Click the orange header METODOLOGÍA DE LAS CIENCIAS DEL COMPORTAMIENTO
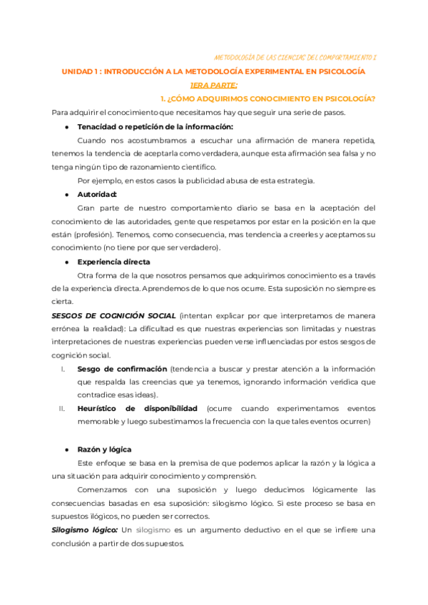(311, 56)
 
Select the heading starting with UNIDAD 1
(213, 72)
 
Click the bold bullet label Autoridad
(97, 194)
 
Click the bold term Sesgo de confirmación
(121, 369)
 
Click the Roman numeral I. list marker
(63, 369)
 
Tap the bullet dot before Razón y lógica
(66, 449)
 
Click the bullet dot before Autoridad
(66, 194)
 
